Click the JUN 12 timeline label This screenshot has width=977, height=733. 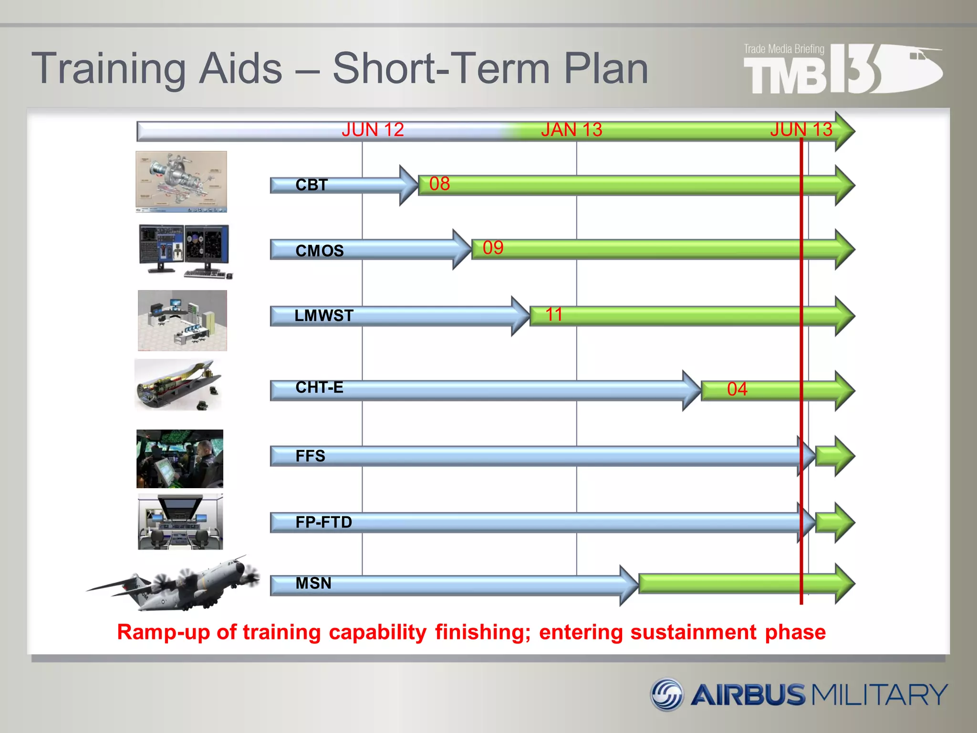pyautogui.click(x=373, y=130)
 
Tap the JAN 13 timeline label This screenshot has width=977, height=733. pyautogui.click(x=572, y=130)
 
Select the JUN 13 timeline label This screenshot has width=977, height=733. pyautogui.click(x=801, y=130)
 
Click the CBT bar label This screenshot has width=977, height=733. pyautogui.click(x=312, y=185)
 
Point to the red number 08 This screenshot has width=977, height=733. pyautogui.click(x=439, y=184)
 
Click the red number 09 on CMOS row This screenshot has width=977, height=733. pyautogui.click(x=493, y=248)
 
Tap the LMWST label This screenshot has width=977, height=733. pyautogui.click(x=324, y=315)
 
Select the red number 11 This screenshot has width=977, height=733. pyautogui.click(x=553, y=315)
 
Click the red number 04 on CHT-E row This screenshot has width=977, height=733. pyautogui.click(x=737, y=389)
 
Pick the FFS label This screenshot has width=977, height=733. pyautogui.click(x=310, y=456)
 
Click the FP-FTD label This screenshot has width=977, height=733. pyautogui.click(x=323, y=522)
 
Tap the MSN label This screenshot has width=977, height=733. pyautogui.click(x=313, y=583)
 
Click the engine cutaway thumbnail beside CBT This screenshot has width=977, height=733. pyautogui.click(x=181, y=182)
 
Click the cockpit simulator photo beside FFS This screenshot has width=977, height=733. pyautogui.click(x=180, y=459)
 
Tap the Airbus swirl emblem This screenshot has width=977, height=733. pyautogui.click(x=667, y=694)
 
